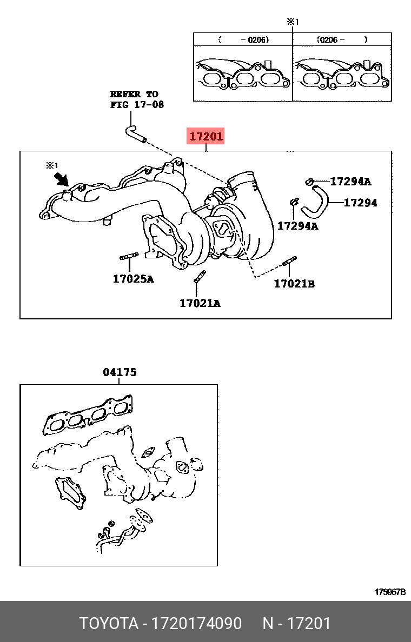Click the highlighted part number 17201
pyautogui.click(x=205, y=136)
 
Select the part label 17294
pyautogui.click(x=360, y=202)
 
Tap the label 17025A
pyautogui.click(x=133, y=279)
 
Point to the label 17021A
pyautogui.click(x=200, y=303)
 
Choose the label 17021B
pyautogui.click(x=294, y=283)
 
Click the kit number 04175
pyautogui.click(x=119, y=372)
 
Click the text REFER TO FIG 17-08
pyautogui.click(x=137, y=99)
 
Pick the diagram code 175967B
pyautogui.click(x=390, y=592)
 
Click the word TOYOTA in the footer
pyautogui.click(x=109, y=623)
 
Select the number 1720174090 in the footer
pyautogui.click(x=197, y=623)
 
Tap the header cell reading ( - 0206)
pyautogui.click(x=243, y=39)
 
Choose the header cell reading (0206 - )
pyautogui.click(x=342, y=39)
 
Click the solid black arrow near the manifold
pyautogui.click(x=62, y=178)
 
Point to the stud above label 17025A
pyautogui.click(x=129, y=256)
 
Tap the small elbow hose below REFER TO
pyautogui.click(x=135, y=135)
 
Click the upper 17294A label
pyautogui.click(x=350, y=181)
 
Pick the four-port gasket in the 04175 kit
pyautogui.click(x=88, y=414)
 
